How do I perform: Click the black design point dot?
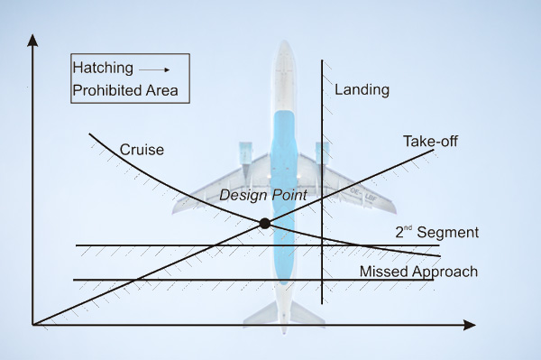[x=264, y=224]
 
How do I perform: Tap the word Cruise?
[x=142, y=150]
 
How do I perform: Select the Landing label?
[x=362, y=90]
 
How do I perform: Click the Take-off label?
[x=431, y=142]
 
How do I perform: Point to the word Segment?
[x=448, y=233]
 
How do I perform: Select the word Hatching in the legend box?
[x=103, y=68]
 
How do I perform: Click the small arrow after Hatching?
[x=154, y=69]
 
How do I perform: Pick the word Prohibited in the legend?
[x=106, y=90]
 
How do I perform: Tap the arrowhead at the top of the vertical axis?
[x=32, y=40]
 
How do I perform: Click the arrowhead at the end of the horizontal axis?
[x=469, y=325]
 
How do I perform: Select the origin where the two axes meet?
[x=32, y=325]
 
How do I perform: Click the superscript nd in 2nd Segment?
[x=408, y=227]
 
